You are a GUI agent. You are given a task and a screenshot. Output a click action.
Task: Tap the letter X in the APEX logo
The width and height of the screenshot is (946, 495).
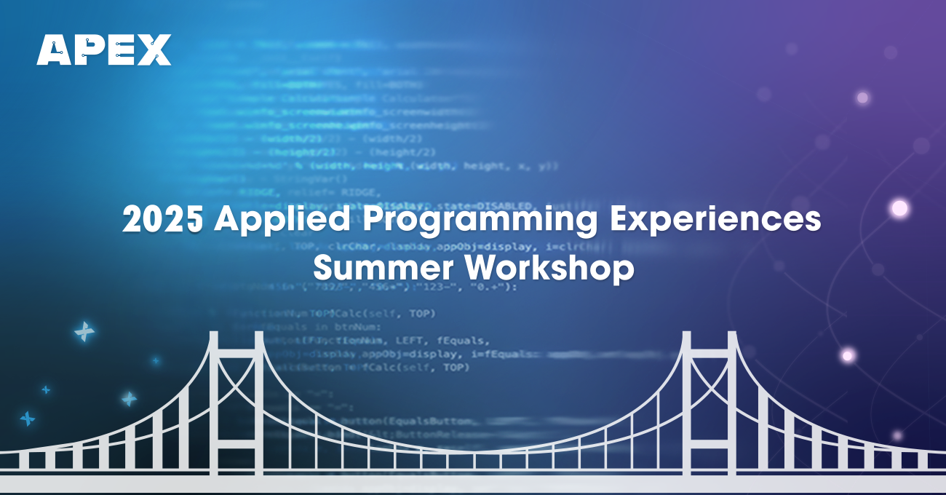pos(154,50)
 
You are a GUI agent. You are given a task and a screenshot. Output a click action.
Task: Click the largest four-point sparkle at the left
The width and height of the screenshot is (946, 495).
pos(84,332)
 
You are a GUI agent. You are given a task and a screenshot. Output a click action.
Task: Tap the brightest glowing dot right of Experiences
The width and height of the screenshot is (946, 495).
pos(900,209)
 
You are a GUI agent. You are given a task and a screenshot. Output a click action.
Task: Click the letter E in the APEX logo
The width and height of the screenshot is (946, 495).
pos(120,50)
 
